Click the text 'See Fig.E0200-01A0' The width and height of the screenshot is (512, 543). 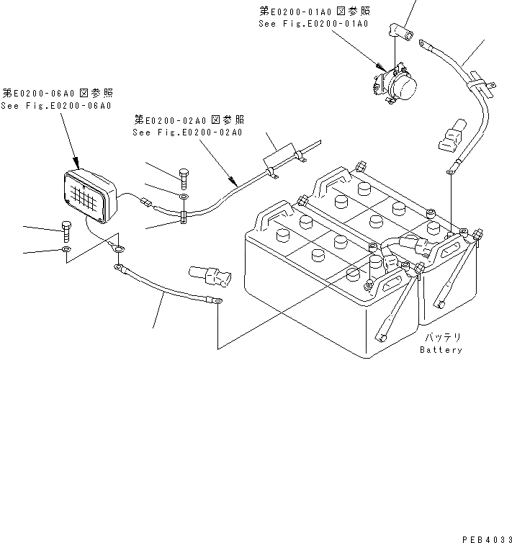click(x=314, y=24)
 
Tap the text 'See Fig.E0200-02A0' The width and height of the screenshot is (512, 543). click(x=187, y=133)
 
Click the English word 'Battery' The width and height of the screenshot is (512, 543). click(x=441, y=350)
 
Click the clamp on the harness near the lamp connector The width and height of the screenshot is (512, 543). click(x=184, y=215)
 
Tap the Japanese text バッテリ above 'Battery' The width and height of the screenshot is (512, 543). click(x=441, y=337)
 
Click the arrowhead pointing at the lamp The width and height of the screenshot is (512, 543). click(x=75, y=164)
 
